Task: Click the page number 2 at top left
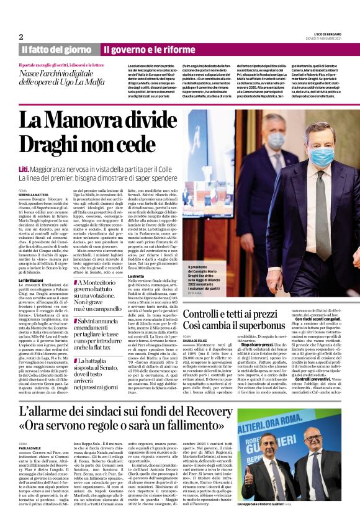[20, 37]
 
